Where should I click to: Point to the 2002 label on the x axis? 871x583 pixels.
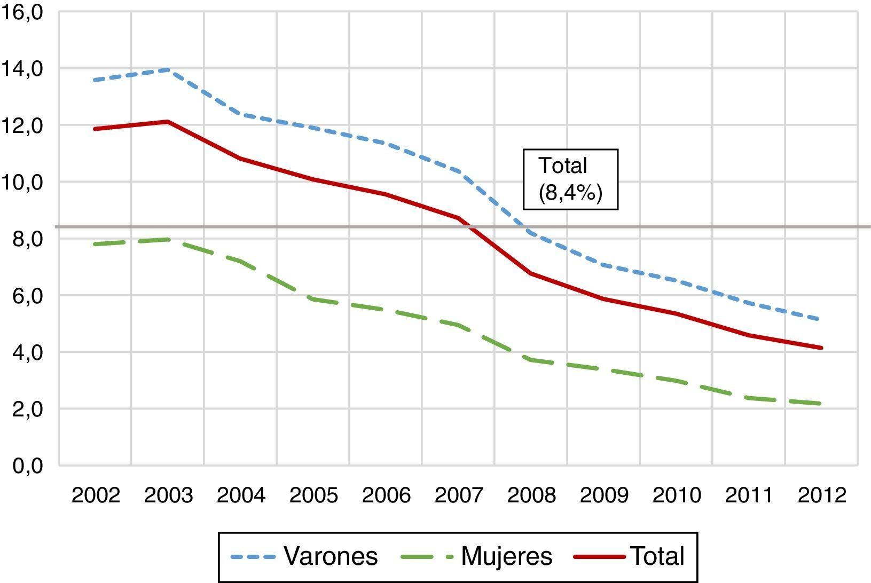96,495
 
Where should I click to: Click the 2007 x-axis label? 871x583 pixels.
459,495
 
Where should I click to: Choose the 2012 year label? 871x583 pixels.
822,495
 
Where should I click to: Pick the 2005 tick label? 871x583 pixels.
313,495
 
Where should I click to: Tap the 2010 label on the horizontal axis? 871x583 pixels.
677,495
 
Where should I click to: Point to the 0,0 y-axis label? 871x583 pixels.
27,466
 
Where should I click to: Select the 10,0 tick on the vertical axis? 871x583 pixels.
22,183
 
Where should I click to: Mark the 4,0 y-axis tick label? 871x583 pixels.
27,352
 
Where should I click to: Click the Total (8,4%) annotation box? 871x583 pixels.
570,179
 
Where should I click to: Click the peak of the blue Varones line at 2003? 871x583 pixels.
168,69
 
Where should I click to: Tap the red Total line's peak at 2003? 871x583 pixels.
168,122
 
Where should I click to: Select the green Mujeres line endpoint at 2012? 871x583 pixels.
821,404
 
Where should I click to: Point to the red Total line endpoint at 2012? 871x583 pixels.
821,348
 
